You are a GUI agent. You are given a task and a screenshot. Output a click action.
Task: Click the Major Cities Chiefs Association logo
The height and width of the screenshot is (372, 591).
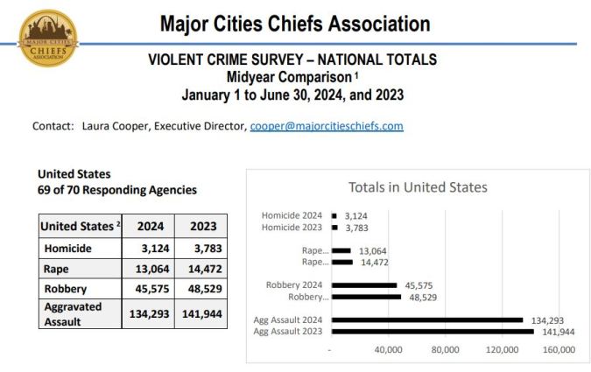(47, 38)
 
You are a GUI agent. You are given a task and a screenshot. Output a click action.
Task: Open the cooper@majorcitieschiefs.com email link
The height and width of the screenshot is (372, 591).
(326, 126)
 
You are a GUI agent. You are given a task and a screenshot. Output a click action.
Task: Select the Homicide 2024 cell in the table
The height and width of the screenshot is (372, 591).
(150, 249)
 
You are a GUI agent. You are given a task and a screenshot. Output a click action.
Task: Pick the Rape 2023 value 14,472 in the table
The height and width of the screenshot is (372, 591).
(204, 270)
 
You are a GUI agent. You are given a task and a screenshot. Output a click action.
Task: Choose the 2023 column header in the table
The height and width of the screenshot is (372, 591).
(204, 226)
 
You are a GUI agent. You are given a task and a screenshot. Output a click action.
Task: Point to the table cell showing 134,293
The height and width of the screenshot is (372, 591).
(150, 314)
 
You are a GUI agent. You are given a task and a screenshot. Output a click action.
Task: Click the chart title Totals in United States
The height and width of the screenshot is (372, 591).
(418, 186)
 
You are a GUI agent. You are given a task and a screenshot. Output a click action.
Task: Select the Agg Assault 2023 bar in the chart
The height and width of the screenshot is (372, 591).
(433, 331)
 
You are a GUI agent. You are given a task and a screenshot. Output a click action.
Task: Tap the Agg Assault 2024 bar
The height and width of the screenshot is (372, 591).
(427, 320)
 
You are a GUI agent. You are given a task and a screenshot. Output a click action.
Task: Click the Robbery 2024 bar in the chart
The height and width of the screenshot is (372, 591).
(364, 285)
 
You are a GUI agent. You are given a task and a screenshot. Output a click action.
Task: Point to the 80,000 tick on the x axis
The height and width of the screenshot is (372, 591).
(446, 350)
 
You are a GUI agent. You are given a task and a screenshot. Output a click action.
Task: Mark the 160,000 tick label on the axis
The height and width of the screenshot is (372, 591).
(559, 350)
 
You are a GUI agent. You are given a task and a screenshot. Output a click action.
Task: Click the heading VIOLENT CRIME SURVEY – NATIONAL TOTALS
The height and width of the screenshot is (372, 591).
(292, 60)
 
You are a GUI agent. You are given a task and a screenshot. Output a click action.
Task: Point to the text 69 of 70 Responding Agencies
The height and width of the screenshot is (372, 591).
(117, 190)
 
